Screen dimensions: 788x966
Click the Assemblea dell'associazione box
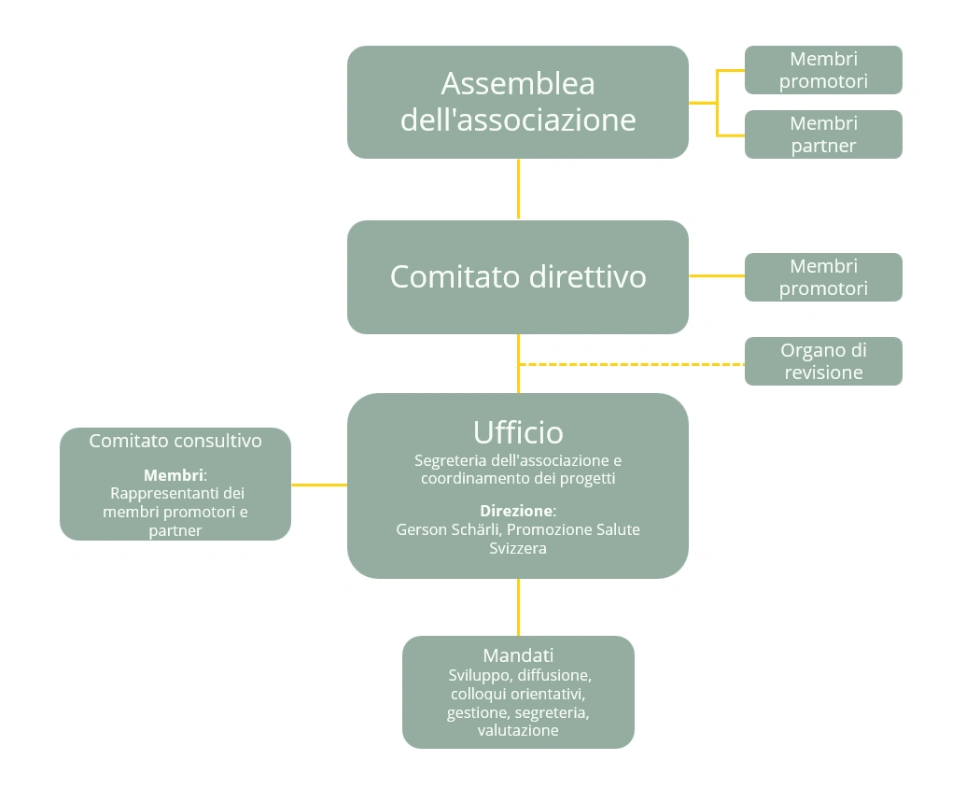tap(518, 102)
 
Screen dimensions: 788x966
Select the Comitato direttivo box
tap(518, 276)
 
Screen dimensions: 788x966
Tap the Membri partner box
tap(823, 134)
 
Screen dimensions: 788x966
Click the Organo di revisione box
tap(823, 361)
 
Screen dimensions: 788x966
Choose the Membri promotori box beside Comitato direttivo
tap(823, 277)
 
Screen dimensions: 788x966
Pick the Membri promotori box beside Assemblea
tap(823, 70)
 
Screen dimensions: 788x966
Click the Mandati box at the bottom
tap(518, 692)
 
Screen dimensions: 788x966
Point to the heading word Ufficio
tap(518, 432)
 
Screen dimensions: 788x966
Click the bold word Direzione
tap(516, 511)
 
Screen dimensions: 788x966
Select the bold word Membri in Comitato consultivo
tap(173, 474)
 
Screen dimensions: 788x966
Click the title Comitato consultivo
tap(175, 441)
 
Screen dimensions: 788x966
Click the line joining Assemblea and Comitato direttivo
tap(518, 190)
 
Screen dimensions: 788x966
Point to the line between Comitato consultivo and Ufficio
tap(319, 485)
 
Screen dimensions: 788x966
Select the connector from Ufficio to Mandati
tap(518, 607)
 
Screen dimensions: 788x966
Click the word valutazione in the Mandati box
tap(518, 730)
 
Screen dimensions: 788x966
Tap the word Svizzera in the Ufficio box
tap(518, 548)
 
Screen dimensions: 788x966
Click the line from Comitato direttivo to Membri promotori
tap(716, 276)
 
